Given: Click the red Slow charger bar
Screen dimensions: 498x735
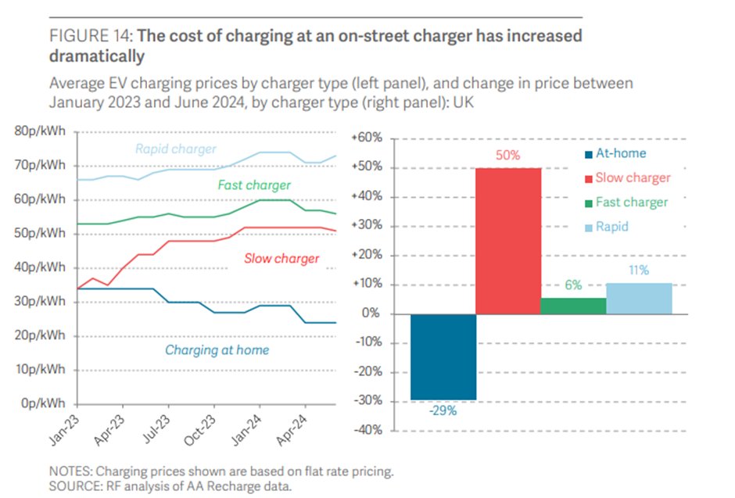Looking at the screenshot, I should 507,241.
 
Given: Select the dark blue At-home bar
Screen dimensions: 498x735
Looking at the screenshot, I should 443,356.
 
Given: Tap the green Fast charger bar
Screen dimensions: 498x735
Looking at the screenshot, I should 573,306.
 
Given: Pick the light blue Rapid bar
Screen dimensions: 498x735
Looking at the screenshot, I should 639,298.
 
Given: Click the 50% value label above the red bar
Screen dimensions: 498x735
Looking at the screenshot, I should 507,156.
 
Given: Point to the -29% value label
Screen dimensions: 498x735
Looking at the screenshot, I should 443,411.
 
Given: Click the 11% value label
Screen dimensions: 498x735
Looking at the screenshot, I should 639,270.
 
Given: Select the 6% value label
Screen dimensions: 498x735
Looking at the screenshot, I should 573,285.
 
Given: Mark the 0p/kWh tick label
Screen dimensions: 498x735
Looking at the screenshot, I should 44,403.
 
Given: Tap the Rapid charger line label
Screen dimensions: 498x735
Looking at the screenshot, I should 176,149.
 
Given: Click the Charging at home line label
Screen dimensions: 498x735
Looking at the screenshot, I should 217,350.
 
